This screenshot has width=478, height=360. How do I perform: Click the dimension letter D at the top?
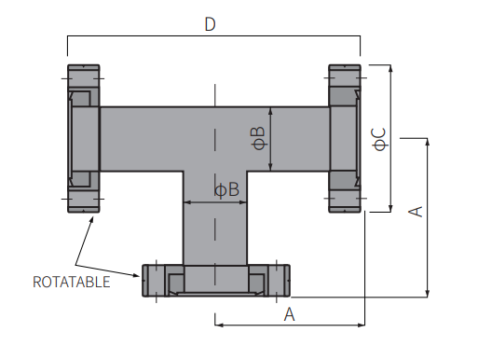pyautogui.click(x=210, y=24)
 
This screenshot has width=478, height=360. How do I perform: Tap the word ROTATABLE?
pyautogui.click(x=72, y=282)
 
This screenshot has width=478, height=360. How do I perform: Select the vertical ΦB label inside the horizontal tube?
pyautogui.click(x=259, y=138)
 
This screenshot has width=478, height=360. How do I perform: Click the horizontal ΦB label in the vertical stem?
pyautogui.click(x=227, y=189)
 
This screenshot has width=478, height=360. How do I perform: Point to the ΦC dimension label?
pyautogui.click(x=379, y=140)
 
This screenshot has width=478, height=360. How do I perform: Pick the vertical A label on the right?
pyautogui.click(x=416, y=212)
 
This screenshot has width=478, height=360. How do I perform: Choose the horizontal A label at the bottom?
pyautogui.click(x=289, y=314)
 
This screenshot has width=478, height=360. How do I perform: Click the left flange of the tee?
pyautogui.click(x=84, y=139)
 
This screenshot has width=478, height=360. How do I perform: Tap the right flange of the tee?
pyautogui.click(x=345, y=139)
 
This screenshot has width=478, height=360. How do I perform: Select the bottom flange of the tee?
pyautogui.click(x=216, y=281)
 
